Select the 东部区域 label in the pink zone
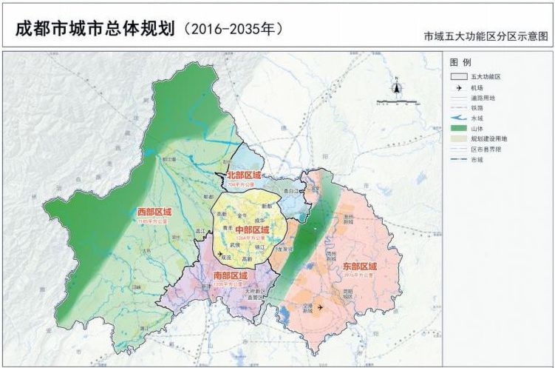(360, 266)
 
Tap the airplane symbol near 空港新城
(320, 306)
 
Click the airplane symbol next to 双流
(219, 255)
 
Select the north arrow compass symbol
(396, 87)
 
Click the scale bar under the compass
(396, 100)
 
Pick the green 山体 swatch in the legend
(458, 127)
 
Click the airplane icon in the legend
(458, 87)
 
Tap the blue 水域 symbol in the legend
(458, 117)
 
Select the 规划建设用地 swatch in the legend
(458, 138)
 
